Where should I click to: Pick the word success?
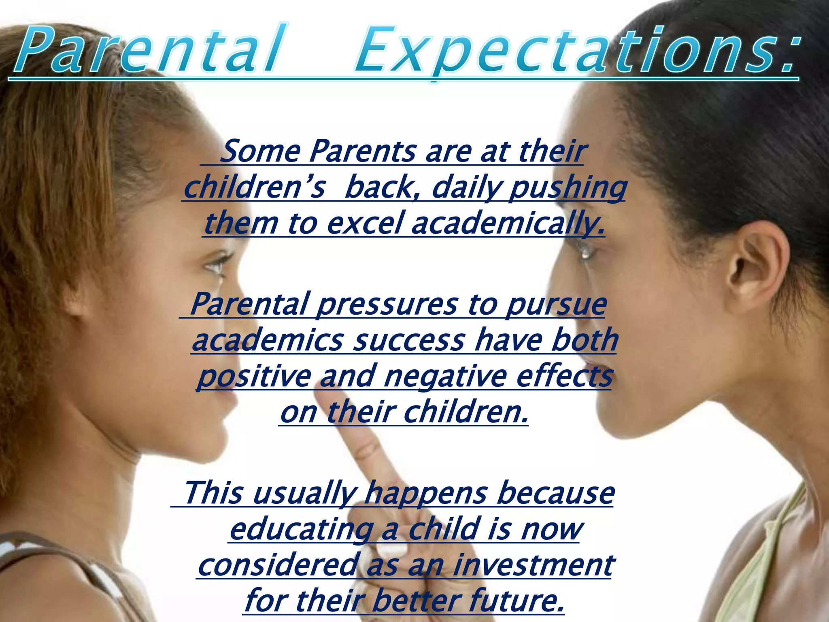pos(409,341)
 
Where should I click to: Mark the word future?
pos(516,601)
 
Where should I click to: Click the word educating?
pos(302,530)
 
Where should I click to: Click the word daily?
pos(466,188)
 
